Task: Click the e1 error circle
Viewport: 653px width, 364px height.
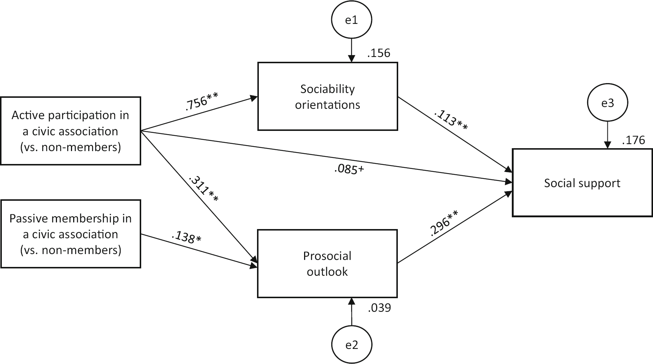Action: click(352, 20)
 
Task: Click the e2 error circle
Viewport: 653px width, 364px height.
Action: click(352, 345)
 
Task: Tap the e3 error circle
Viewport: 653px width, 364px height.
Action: click(607, 103)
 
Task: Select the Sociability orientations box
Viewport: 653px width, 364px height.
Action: click(328, 96)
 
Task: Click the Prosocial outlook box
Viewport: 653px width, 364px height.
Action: click(327, 264)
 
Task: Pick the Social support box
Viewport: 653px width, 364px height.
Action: click(582, 183)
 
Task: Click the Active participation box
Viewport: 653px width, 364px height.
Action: click(70, 131)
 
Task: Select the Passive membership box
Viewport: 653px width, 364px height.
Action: click(70, 234)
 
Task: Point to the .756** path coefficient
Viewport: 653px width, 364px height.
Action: click(201, 101)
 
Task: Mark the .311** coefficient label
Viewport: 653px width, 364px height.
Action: click(203, 189)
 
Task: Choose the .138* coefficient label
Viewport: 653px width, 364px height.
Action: click(186, 238)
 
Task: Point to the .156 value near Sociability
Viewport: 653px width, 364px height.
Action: click(378, 53)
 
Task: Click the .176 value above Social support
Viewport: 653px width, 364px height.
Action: click(634, 140)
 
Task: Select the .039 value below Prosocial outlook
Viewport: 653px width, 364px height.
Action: click(379, 308)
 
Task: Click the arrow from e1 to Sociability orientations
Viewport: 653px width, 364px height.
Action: click(352, 50)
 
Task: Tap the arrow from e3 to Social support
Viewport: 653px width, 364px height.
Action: click(607, 135)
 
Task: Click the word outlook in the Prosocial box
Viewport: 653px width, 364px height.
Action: click(327, 272)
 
